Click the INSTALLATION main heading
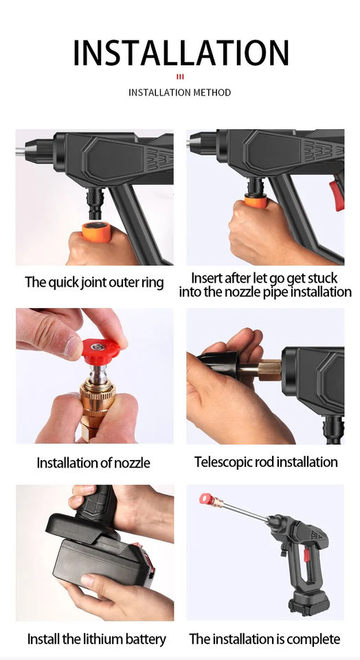pyautogui.click(x=181, y=53)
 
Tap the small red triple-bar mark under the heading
pyautogui.click(x=180, y=76)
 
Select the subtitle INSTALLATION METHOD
pyautogui.click(x=179, y=92)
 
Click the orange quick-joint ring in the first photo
pyautogui.click(x=96, y=231)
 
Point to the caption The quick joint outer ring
pyautogui.click(x=94, y=282)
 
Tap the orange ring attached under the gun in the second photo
pyautogui.click(x=256, y=201)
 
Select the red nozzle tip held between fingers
pyautogui.click(x=100, y=351)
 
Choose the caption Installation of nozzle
pyautogui.click(x=93, y=463)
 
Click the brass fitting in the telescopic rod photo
pyautogui.click(x=269, y=370)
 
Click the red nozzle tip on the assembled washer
pyautogui.click(x=205, y=499)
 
